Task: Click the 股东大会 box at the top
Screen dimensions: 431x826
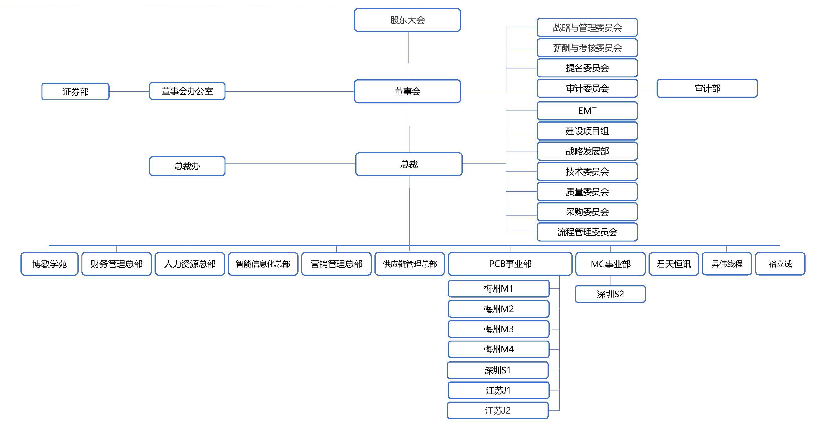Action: pyautogui.click(x=407, y=20)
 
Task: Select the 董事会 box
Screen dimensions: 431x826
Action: pyautogui.click(x=407, y=91)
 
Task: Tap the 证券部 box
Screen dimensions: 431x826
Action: pyautogui.click(x=75, y=92)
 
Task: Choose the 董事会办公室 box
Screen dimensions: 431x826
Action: pyautogui.click(x=187, y=91)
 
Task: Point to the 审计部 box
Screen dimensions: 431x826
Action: pyautogui.click(x=707, y=88)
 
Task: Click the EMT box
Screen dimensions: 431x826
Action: pyautogui.click(x=587, y=111)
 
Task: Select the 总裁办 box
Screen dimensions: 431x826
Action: pyautogui.click(x=187, y=166)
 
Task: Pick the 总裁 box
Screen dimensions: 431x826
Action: pyautogui.click(x=409, y=164)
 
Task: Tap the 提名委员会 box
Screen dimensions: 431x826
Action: pyautogui.click(x=587, y=68)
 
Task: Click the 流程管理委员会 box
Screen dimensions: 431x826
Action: pyautogui.click(x=587, y=232)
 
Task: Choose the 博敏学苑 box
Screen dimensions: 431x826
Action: pyautogui.click(x=49, y=264)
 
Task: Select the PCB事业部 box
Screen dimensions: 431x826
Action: pyautogui.click(x=510, y=264)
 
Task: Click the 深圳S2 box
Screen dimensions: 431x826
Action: pyautogui.click(x=610, y=294)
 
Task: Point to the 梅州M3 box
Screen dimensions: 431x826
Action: pyautogui.click(x=498, y=329)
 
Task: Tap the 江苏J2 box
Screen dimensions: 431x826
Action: pyautogui.click(x=498, y=411)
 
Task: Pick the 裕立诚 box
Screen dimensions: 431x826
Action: pyautogui.click(x=780, y=264)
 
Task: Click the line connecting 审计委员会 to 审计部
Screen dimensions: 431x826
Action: pyautogui.click(x=647, y=88)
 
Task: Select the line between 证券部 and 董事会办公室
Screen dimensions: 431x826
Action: pyautogui.click(x=129, y=92)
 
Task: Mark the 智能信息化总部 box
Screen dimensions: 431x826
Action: pyautogui.click(x=263, y=264)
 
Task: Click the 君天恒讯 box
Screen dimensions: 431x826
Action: pyautogui.click(x=673, y=264)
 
